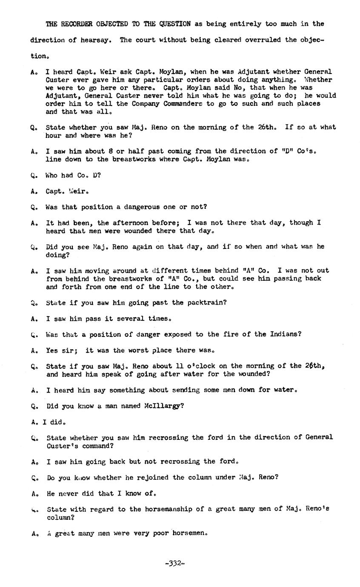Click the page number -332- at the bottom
click(x=174, y=564)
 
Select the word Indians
click(x=286, y=334)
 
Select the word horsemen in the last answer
click(x=189, y=533)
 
